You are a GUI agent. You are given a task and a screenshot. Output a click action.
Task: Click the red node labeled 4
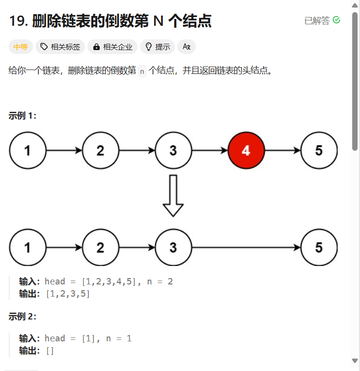[x=246, y=150]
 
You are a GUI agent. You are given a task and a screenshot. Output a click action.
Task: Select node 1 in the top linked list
[x=27, y=150]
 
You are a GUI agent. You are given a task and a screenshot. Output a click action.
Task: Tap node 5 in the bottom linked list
[x=319, y=247]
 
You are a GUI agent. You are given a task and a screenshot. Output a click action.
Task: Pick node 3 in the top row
[x=173, y=150]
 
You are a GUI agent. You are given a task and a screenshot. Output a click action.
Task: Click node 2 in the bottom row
[x=100, y=247]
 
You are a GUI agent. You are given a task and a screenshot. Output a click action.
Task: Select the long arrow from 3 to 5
[x=246, y=247]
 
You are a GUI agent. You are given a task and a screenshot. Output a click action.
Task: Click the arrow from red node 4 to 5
[x=282, y=150]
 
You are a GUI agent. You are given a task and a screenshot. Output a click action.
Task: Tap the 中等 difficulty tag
[x=20, y=47]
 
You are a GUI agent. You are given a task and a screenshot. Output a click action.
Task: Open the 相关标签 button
[x=60, y=47]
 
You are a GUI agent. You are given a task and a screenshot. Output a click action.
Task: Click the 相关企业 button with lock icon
[x=112, y=47]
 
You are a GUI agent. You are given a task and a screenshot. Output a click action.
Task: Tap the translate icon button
[x=186, y=47]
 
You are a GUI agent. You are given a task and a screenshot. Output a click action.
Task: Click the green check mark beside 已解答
[x=336, y=20]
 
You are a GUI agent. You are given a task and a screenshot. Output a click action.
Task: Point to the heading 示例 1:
[x=22, y=115]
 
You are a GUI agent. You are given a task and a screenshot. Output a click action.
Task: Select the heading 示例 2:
[x=22, y=317]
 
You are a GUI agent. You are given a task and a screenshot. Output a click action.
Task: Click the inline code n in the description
[x=142, y=71]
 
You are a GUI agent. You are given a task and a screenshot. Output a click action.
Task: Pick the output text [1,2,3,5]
[x=68, y=294]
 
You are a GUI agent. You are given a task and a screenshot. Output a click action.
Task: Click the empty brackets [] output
[x=50, y=351]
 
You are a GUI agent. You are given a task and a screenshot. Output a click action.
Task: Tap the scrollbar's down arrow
[x=355, y=361]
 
